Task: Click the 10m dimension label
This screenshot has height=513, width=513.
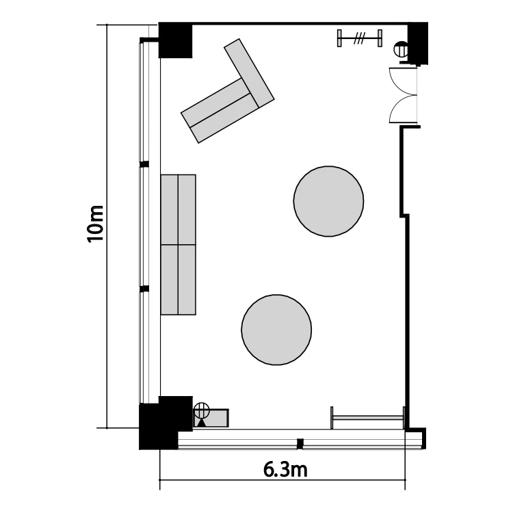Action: pos(96,224)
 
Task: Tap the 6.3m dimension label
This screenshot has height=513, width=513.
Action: pos(285,470)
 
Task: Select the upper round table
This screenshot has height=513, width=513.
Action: pos(328,201)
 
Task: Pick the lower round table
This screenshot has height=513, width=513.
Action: pos(276,330)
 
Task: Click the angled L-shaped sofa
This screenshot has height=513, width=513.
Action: pos(229,98)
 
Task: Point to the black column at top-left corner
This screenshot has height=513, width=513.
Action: pos(175,40)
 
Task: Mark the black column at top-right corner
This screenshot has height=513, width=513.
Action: pos(418,42)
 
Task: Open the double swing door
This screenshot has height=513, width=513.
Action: pos(404,95)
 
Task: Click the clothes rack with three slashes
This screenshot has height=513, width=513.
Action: pos(360,38)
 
